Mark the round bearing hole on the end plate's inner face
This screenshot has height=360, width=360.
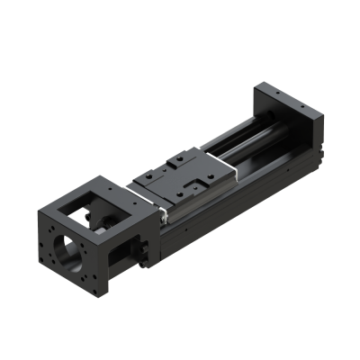[x=266, y=120]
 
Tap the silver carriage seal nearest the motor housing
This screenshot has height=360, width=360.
[x=161, y=213]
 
